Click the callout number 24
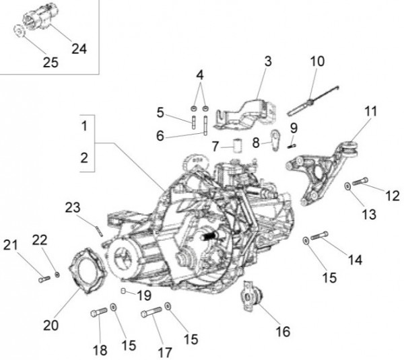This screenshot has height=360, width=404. point(78,49)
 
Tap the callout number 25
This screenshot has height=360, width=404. point(50,63)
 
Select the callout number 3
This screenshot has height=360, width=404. point(267,61)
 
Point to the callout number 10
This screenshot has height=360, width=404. point(316,61)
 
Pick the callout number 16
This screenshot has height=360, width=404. point(281,331)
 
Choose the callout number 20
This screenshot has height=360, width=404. point(51,324)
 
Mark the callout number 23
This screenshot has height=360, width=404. point(73,208)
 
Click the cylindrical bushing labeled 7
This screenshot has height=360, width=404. point(237,146)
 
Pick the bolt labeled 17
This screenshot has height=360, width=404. point(151,312)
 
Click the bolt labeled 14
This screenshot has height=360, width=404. point(321,235)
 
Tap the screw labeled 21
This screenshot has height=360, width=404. point(44,279)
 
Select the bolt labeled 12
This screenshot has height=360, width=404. point(360,180)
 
